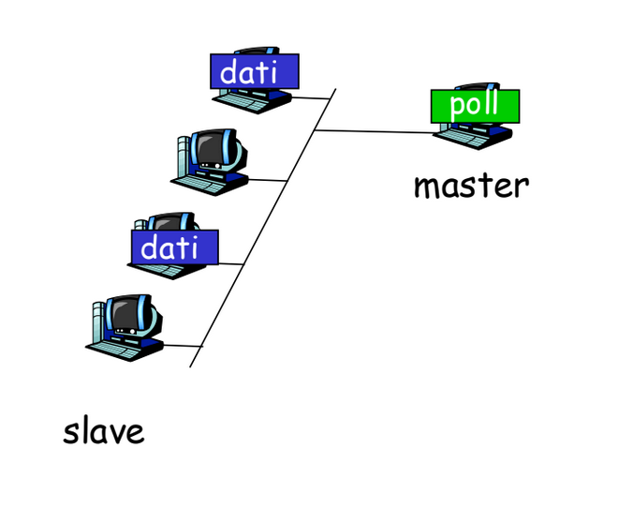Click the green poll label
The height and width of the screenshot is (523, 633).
pos(475,106)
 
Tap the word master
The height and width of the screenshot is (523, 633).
pos(472,187)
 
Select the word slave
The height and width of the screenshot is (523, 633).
pos(104,431)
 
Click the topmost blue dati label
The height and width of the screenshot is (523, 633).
pos(255,71)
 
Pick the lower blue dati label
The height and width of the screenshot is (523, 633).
pos(175,247)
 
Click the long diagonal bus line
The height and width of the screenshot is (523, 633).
pos(263,228)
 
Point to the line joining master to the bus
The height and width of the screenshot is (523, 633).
pos(375,131)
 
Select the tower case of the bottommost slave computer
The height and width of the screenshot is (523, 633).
pos(98,323)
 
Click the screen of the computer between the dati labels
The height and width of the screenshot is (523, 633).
pos(211,149)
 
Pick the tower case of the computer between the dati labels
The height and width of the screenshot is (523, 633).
pos(184,157)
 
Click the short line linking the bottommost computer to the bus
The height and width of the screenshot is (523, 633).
pos(183,346)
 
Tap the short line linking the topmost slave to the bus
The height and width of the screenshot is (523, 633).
pos(311,97)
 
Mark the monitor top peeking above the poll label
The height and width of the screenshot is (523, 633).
pos(477,86)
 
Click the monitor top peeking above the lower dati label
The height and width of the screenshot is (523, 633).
pos(171,221)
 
